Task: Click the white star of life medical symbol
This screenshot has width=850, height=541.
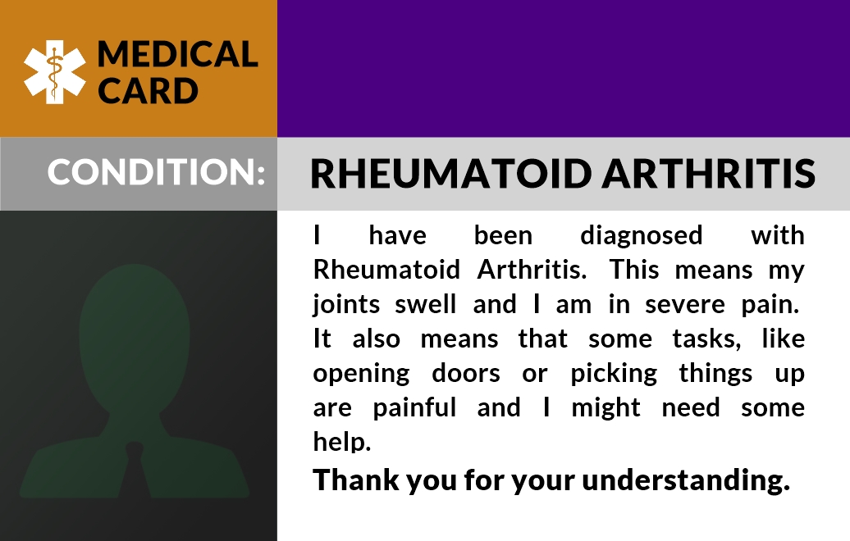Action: point(54,72)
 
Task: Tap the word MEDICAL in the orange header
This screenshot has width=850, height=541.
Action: point(177,55)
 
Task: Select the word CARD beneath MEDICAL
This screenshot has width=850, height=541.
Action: point(148,90)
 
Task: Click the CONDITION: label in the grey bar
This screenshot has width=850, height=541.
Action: point(156,171)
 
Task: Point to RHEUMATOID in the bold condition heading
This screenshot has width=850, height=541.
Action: point(450,173)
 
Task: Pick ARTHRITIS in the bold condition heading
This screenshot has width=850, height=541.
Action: point(709,173)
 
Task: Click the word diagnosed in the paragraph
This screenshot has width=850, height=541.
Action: point(642,236)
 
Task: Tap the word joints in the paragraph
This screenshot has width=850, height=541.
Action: point(346,305)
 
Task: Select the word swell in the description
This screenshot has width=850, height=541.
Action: point(426,304)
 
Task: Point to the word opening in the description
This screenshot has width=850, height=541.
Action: point(361,375)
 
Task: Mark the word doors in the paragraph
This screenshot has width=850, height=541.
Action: point(466,373)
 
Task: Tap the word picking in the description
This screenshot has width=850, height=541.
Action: point(614,375)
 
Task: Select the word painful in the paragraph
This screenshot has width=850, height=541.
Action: point(414,407)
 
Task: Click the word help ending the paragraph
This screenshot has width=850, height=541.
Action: point(341,442)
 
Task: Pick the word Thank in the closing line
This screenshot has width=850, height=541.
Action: point(355,480)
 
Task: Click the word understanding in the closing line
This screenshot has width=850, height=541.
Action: point(686,481)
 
